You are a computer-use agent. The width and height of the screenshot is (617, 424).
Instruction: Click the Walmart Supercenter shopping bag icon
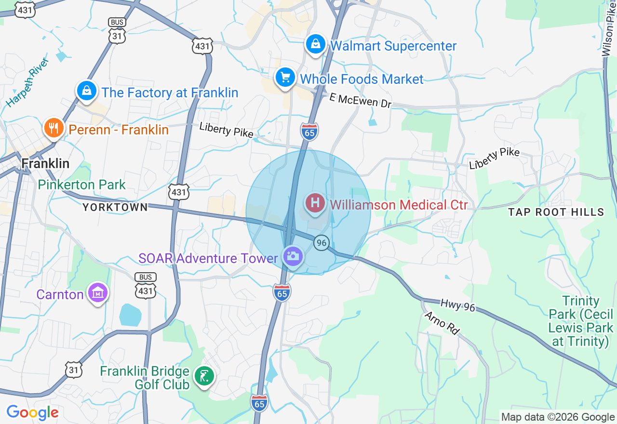pos(315,45)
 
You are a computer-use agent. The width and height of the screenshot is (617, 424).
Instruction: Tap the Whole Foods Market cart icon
pos(285,78)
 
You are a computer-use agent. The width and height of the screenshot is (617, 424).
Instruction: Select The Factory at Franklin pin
pos(87,91)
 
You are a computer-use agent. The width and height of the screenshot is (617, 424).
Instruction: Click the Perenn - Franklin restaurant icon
pos(54,128)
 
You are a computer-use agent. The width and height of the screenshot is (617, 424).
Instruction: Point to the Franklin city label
pos(45,163)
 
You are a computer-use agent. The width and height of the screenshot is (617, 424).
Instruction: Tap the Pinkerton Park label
pos(81,185)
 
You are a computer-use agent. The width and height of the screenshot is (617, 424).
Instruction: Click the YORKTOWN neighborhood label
pos(115,207)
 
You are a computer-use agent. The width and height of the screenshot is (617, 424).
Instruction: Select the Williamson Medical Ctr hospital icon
pos(315,203)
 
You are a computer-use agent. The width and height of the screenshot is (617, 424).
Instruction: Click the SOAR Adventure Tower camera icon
pos(292,256)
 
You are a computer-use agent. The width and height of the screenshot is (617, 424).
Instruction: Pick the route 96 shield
pos(321,242)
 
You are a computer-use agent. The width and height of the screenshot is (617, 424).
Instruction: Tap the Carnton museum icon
pos(98,292)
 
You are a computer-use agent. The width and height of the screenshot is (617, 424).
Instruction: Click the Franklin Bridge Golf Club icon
pos(204,376)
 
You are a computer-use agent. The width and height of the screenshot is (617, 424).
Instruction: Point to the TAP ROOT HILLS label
pos(556,212)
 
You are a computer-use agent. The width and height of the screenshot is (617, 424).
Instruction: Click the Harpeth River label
pos(28,82)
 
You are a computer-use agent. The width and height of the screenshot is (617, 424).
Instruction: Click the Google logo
pos(32,413)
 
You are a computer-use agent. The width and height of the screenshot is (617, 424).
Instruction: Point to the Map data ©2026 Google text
pos(558,417)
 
